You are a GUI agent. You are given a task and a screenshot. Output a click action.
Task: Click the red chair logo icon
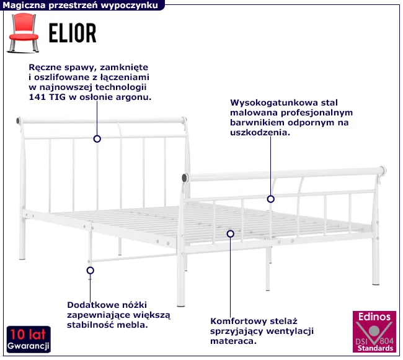24,33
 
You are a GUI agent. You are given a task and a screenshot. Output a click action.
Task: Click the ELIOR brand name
73,33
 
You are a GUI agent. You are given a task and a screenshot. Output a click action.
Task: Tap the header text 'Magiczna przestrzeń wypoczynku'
80,5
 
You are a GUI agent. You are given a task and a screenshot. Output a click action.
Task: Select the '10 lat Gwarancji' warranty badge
29,339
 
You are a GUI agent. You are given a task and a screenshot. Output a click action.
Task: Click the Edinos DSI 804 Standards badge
374,331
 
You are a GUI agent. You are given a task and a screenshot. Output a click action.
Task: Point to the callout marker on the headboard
97,139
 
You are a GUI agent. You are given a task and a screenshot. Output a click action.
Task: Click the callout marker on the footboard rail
271,199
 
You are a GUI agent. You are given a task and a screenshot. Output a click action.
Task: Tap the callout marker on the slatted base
231,233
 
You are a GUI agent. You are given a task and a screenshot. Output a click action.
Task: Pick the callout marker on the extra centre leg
91,271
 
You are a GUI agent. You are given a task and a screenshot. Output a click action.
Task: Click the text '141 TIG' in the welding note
47,97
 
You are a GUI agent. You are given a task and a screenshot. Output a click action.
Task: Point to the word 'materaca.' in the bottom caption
233,341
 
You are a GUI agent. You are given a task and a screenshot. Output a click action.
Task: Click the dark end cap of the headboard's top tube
19,120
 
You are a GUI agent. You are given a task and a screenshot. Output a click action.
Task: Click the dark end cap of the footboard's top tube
185,178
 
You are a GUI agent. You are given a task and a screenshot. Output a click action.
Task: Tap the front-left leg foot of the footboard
181,305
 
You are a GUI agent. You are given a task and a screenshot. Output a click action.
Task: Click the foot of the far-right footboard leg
376,283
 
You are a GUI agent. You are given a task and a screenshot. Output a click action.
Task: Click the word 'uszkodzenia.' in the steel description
260,133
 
